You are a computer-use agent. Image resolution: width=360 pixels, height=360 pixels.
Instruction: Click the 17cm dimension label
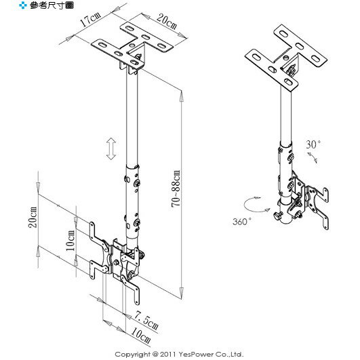(90, 19)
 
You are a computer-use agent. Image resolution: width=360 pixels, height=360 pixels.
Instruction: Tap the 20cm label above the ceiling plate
(167, 22)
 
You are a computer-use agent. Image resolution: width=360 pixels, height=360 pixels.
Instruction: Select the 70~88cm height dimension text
(176, 188)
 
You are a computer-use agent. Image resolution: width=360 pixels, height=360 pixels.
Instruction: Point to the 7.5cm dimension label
(146, 320)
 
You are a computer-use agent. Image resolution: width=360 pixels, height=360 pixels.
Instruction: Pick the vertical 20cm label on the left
(33, 218)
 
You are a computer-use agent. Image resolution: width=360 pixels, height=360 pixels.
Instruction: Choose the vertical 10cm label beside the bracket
(71, 241)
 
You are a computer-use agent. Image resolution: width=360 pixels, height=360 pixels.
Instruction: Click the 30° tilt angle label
(313, 144)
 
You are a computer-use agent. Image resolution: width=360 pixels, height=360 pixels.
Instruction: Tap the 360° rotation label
(242, 222)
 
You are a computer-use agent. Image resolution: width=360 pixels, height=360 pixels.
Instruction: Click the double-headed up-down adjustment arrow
(111, 148)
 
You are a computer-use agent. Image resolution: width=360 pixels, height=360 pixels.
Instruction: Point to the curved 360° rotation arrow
(256, 204)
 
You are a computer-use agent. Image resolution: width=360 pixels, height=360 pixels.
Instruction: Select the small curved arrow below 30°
(313, 157)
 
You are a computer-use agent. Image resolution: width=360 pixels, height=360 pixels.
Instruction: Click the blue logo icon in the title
(23, 5)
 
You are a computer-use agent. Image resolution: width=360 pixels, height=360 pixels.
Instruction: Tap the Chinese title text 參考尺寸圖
(52, 5)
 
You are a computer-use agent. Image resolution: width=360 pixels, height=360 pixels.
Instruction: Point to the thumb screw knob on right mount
(277, 216)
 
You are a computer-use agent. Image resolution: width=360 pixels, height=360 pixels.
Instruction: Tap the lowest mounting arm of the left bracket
(132, 290)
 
